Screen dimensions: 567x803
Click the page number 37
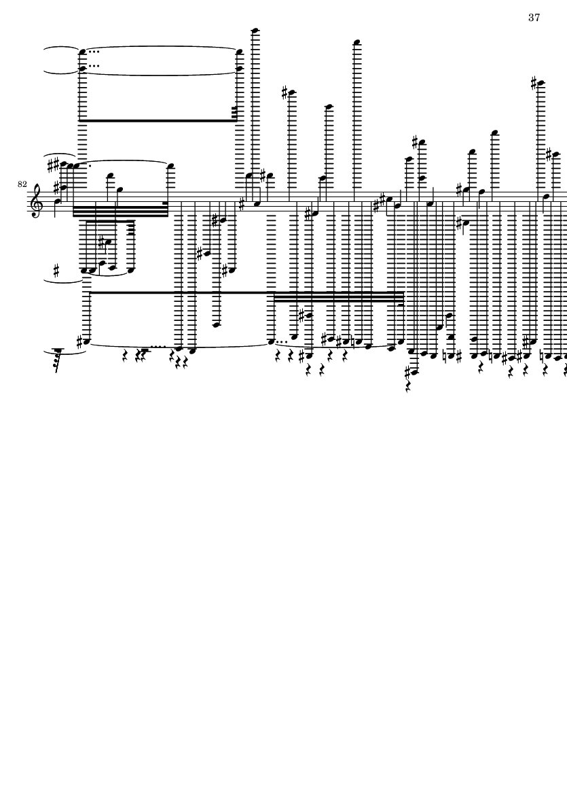tap(534, 18)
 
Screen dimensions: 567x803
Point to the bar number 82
tap(22, 184)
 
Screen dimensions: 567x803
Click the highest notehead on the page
tap(255, 30)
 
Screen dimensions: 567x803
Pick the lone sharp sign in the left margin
tap(56, 270)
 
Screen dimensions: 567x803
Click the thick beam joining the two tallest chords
tap(158, 120)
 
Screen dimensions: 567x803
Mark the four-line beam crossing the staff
tap(121, 211)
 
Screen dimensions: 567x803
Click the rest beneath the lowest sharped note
tap(408, 387)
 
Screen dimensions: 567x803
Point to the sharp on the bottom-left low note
tap(79, 341)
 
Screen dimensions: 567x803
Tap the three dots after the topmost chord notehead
tap(94, 51)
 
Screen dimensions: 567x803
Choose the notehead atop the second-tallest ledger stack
tap(357, 42)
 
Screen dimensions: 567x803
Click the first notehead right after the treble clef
tap(57, 201)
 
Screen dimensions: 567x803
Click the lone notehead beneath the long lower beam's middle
tap(216, 324)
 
